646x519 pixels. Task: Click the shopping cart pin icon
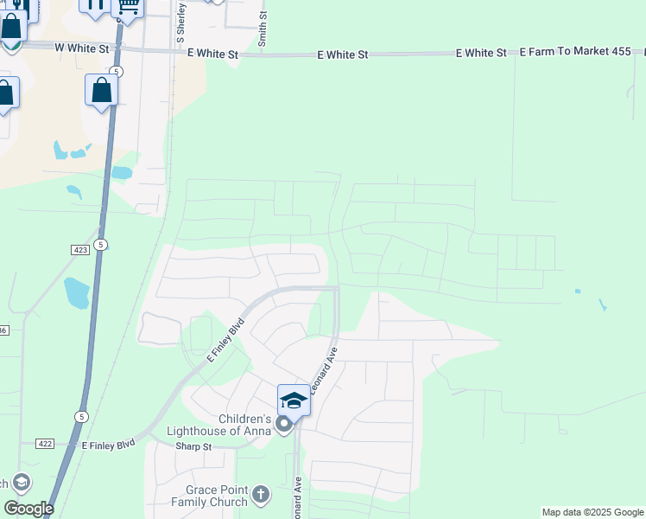coord(129,7)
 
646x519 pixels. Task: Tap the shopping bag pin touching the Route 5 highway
coord(101,90)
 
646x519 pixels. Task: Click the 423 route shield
coord(79,249)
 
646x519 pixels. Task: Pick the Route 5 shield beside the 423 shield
coord(101,245)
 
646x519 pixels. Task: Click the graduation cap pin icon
coord(294,400)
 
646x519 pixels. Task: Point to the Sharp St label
coord(193,446)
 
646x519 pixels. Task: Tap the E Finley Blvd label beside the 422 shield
coord(109,445)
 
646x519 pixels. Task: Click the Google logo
coord(28,509)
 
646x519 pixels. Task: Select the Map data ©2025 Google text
coord(592,512)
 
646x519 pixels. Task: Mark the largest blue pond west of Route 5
coord(76,293)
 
